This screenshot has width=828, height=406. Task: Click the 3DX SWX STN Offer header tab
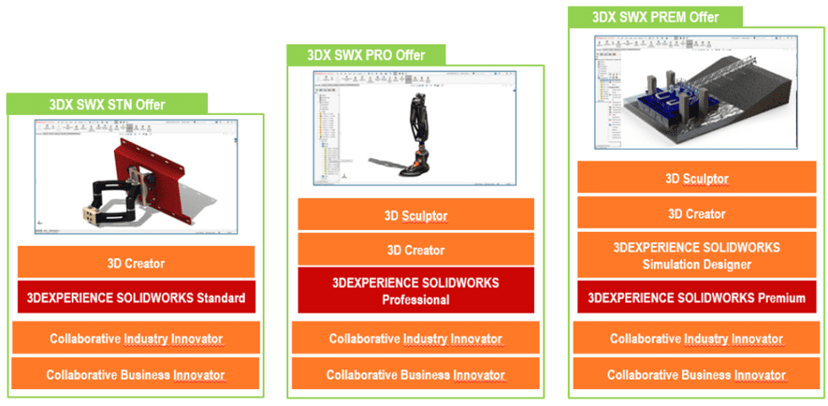(107, 104)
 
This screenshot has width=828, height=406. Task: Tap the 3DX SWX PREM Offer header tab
(655, 16)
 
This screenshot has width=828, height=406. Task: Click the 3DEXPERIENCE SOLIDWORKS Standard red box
(136, 297)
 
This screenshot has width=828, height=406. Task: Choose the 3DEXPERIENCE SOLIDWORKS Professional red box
(416, 290)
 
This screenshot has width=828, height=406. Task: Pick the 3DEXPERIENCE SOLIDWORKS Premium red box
(696, 297)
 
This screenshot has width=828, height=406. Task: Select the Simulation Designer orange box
(696, 256)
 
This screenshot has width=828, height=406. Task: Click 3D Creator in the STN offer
(136, 263)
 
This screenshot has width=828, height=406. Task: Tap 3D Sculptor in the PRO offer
(416, 215)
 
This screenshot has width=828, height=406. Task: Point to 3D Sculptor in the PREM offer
(696, 178)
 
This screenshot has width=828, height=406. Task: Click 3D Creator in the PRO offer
(416, 250)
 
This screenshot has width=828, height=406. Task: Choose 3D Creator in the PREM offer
(696, 214)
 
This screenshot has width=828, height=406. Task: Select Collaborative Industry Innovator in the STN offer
(135, 338)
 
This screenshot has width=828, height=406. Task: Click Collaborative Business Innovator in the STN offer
(135, 374)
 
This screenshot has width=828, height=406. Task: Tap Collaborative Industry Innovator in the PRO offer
(416, 338)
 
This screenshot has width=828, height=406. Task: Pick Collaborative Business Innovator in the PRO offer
(416, 374)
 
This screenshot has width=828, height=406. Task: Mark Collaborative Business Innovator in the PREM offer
(696, 374)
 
